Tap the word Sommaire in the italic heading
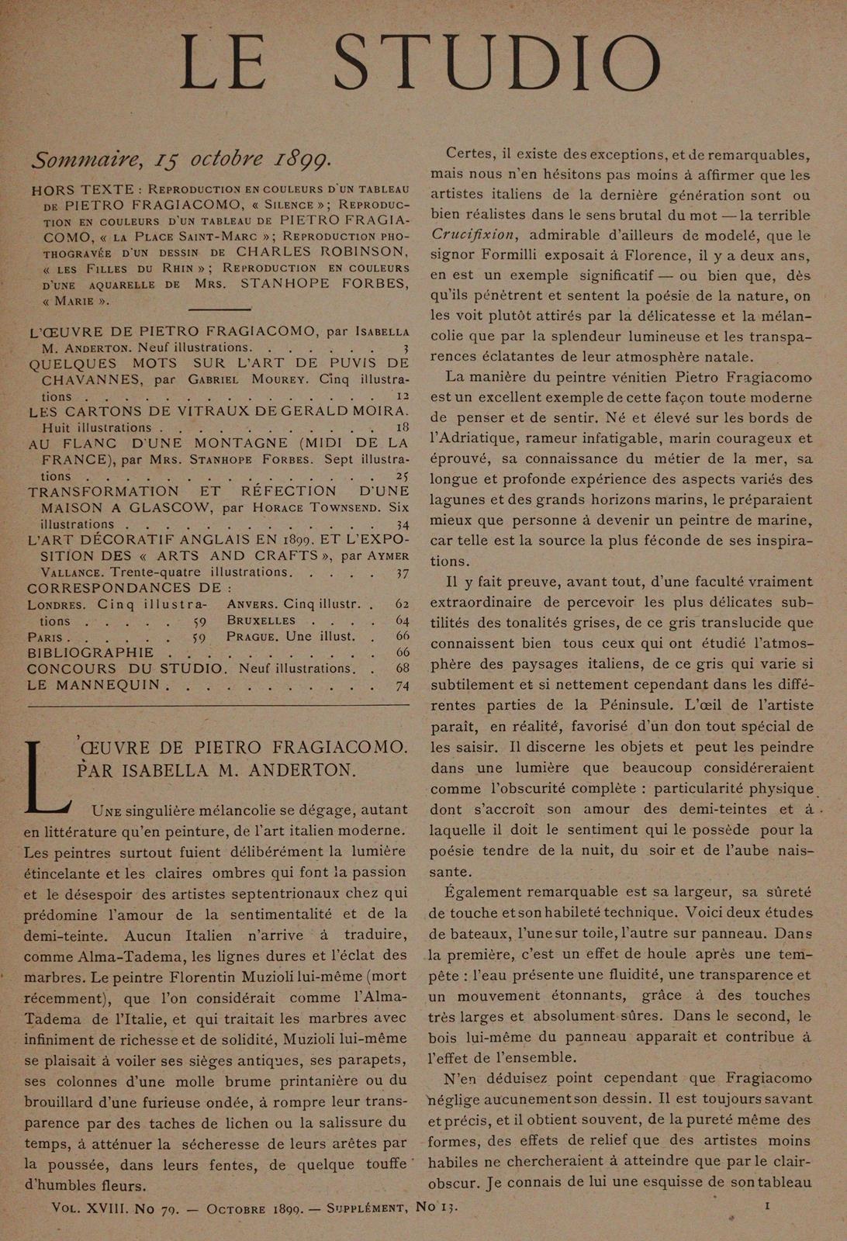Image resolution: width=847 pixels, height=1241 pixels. [85, 160]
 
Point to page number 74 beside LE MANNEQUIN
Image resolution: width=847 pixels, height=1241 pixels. [402, 685]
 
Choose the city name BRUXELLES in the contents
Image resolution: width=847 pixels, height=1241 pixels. [261, 620]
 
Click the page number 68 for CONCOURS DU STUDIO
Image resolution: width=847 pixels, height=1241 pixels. [402, 669]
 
